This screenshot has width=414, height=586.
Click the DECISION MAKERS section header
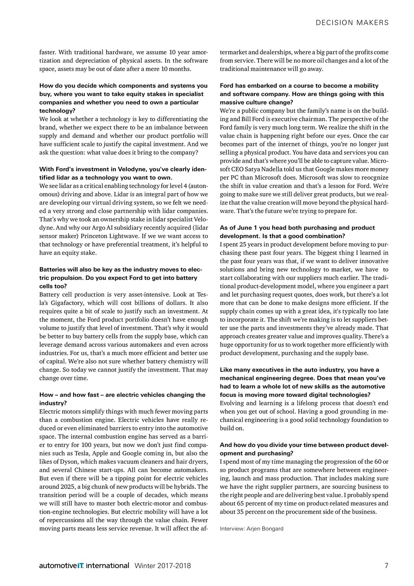[352, 22]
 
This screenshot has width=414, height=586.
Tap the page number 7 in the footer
[386, 565]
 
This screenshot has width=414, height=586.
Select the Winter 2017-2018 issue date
[162, 565]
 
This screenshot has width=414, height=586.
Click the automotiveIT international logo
[84, 565]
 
